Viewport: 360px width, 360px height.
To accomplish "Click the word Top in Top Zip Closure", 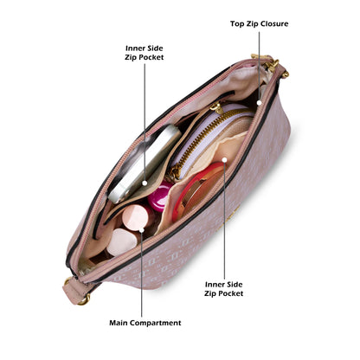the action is (237, 24).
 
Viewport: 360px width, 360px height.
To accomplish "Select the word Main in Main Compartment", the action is (119, 323).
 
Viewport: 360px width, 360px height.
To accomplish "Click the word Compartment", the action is (156, 323).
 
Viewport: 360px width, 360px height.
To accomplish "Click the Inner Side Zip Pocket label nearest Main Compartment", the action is (223, 289).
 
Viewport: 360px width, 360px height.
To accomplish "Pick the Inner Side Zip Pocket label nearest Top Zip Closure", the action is (145, 53).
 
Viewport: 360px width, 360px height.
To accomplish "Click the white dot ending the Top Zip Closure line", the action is (259, 103).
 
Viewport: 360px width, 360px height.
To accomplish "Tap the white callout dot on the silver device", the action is (145, 183).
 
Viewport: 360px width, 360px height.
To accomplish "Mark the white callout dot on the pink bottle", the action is (141, 230).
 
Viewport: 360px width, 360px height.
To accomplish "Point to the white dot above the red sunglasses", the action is (224, 160).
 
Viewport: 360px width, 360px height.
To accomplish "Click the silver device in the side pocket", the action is (145, 163).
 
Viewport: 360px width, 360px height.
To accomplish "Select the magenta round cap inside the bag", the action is (159, 196).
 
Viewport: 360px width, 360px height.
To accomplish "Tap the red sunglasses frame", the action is (199, 189).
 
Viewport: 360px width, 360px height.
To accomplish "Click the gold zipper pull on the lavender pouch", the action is (216, 108).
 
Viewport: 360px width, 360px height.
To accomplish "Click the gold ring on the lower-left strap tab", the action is (84, 300).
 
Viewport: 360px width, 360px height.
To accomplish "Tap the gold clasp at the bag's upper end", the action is (271, 64).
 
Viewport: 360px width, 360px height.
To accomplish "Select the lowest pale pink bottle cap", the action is (122, 241).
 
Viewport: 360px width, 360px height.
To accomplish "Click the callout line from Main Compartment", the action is (141, 274).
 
